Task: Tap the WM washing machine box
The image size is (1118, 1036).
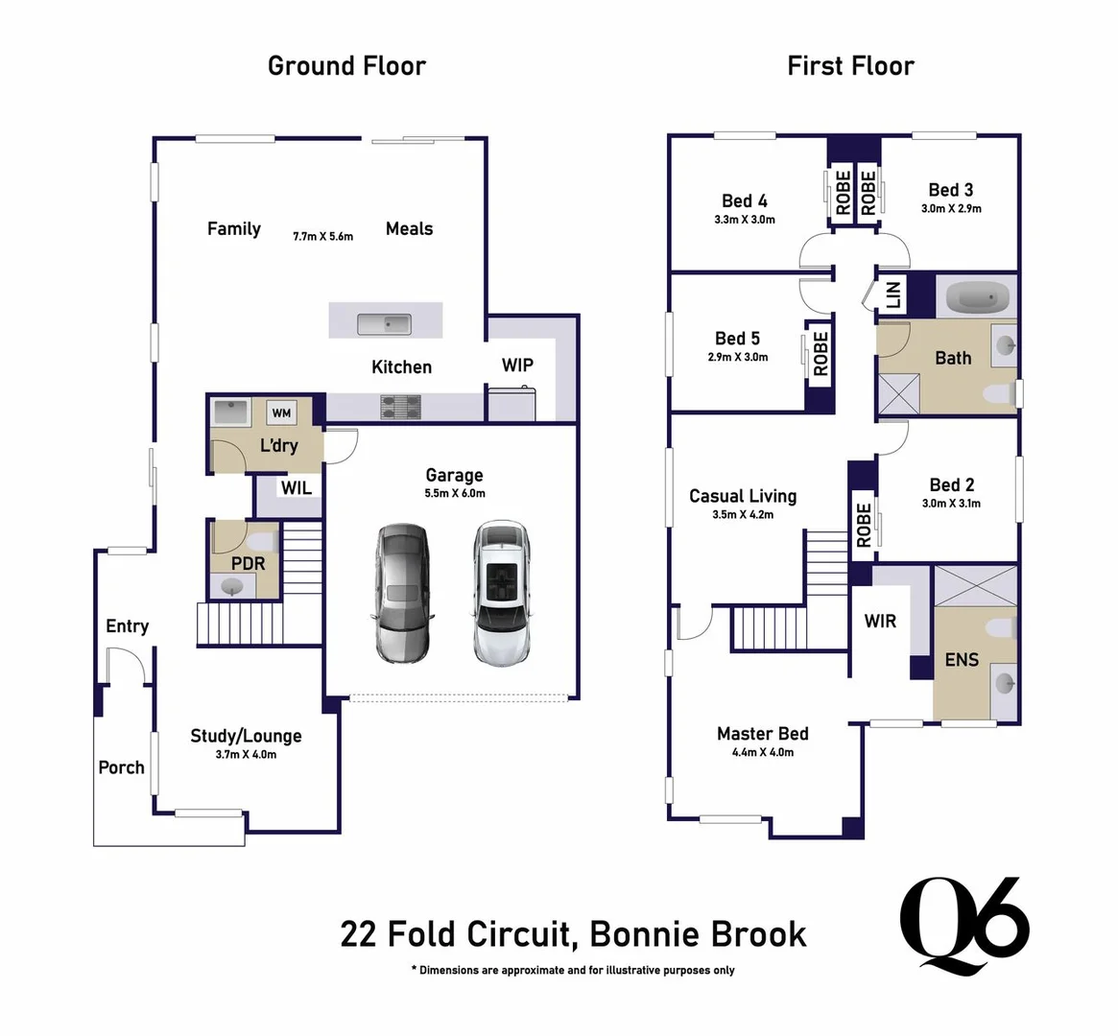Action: [281, 413]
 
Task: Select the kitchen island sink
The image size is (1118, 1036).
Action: [384, 324]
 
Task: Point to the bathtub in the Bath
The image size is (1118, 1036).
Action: [976, 298]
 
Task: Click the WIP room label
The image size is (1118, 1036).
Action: [517, 365]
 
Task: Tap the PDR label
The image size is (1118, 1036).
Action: [248, 563]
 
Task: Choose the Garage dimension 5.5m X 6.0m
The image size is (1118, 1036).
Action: [455, 494]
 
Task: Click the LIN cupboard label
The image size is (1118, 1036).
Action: [892, 294]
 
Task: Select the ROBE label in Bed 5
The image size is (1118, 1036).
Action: [821, 354]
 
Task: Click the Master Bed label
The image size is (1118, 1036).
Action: [763, 734]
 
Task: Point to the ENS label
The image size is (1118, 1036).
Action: [962, 659]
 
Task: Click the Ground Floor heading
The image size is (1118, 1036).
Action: [346, 66]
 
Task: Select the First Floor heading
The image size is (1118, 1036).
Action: [850, 66]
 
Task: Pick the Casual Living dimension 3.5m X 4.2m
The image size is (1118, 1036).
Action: [743, 515]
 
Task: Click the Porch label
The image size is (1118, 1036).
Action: [121, 767]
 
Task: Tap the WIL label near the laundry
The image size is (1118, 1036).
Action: [296, 488]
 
